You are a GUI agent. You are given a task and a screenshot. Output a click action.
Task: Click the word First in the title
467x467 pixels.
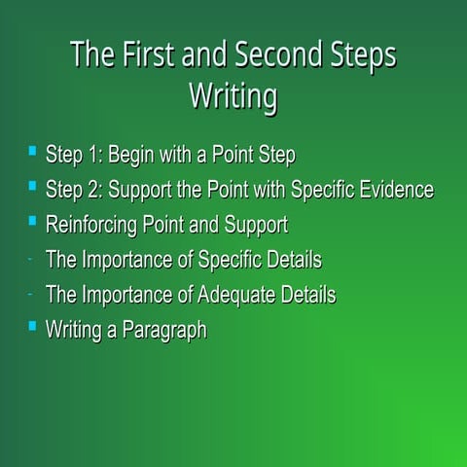coord(141,56)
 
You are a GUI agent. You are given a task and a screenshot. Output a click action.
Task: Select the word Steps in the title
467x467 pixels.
coord(369,56)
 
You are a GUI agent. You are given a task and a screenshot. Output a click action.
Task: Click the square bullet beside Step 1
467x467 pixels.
coord(32,152)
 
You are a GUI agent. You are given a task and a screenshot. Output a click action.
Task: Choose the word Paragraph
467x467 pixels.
coord(164,331)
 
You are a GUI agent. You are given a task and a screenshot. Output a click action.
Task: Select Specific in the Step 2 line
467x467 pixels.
coord(321,190)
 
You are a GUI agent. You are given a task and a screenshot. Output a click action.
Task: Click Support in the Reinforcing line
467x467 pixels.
coord(256,225)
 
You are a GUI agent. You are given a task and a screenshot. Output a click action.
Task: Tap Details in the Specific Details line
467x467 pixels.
coord(292,260)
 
